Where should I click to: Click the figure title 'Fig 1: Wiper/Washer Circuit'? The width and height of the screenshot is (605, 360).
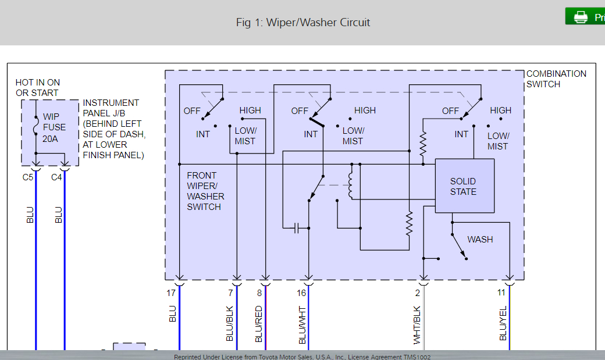click(x=302, y=23)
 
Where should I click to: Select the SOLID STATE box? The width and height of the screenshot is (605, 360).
click(x=465, y=186)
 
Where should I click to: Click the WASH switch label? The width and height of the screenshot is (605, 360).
click(x=480, y=240)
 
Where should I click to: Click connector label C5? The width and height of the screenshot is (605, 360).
click(x=28, y=177)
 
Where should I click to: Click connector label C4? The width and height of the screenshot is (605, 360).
click(x=56, y=177)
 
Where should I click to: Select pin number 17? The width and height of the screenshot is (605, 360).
click(x=171, y=293)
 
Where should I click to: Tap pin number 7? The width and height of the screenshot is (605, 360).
click(x=230, y=293)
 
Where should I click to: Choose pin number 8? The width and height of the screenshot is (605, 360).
click(x=259, y=293)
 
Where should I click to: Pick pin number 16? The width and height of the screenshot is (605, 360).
click(x=301, y=293)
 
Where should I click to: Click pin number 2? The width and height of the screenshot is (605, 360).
click(x=418, y=293)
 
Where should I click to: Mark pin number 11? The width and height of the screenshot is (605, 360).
click(x=501, y=293)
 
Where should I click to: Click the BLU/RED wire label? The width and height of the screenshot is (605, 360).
click(x=259, y=323)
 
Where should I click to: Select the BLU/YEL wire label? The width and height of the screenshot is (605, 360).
click(x=503, y=323)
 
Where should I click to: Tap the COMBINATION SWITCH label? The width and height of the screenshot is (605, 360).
click(x=556, y=79)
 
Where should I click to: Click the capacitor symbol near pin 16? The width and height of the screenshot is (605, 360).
click(x=296, y=227)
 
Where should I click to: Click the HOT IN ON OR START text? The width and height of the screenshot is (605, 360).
click(x=37, y=88)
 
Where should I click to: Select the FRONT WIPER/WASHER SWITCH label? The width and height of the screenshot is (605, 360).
click(x=204, y=191)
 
